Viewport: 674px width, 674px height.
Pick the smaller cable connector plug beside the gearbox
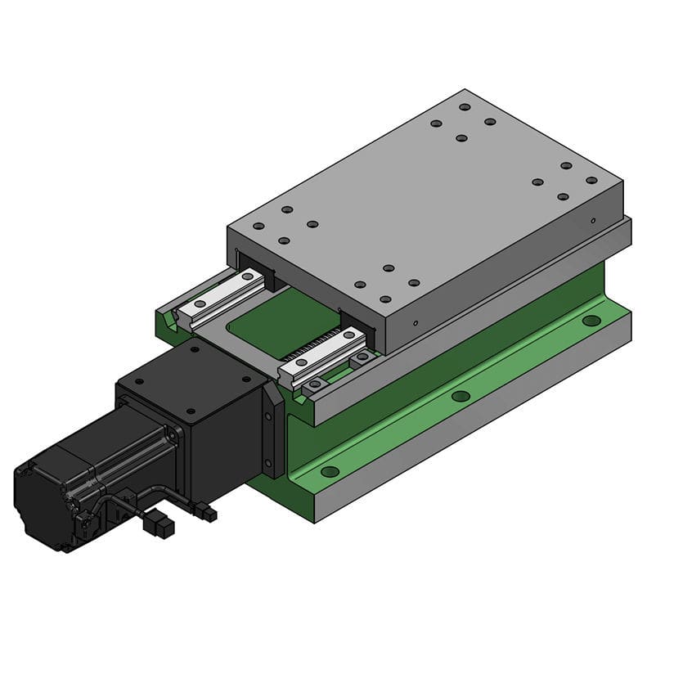pos(209,514)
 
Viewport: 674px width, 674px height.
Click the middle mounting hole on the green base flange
pos(461,396)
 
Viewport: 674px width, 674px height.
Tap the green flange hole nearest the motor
pos(330,471)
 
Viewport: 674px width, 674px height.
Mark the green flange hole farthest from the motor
pos(591,320)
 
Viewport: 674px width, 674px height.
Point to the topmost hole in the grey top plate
pos(465,107)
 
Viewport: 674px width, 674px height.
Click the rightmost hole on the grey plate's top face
pos(591,180)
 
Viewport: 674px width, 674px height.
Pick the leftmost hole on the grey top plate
pos(258,226)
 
